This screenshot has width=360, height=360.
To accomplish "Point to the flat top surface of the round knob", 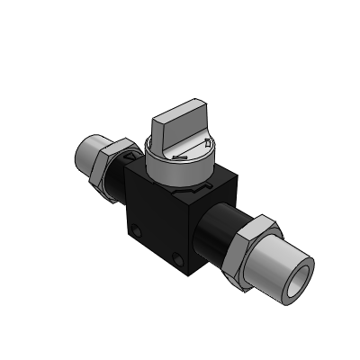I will pos(185,154).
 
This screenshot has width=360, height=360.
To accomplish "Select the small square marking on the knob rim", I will pos(209,143).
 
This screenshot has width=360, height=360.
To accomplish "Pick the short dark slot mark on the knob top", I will pos(179,158).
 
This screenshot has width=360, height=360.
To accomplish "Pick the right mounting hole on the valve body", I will pos(186,260).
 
